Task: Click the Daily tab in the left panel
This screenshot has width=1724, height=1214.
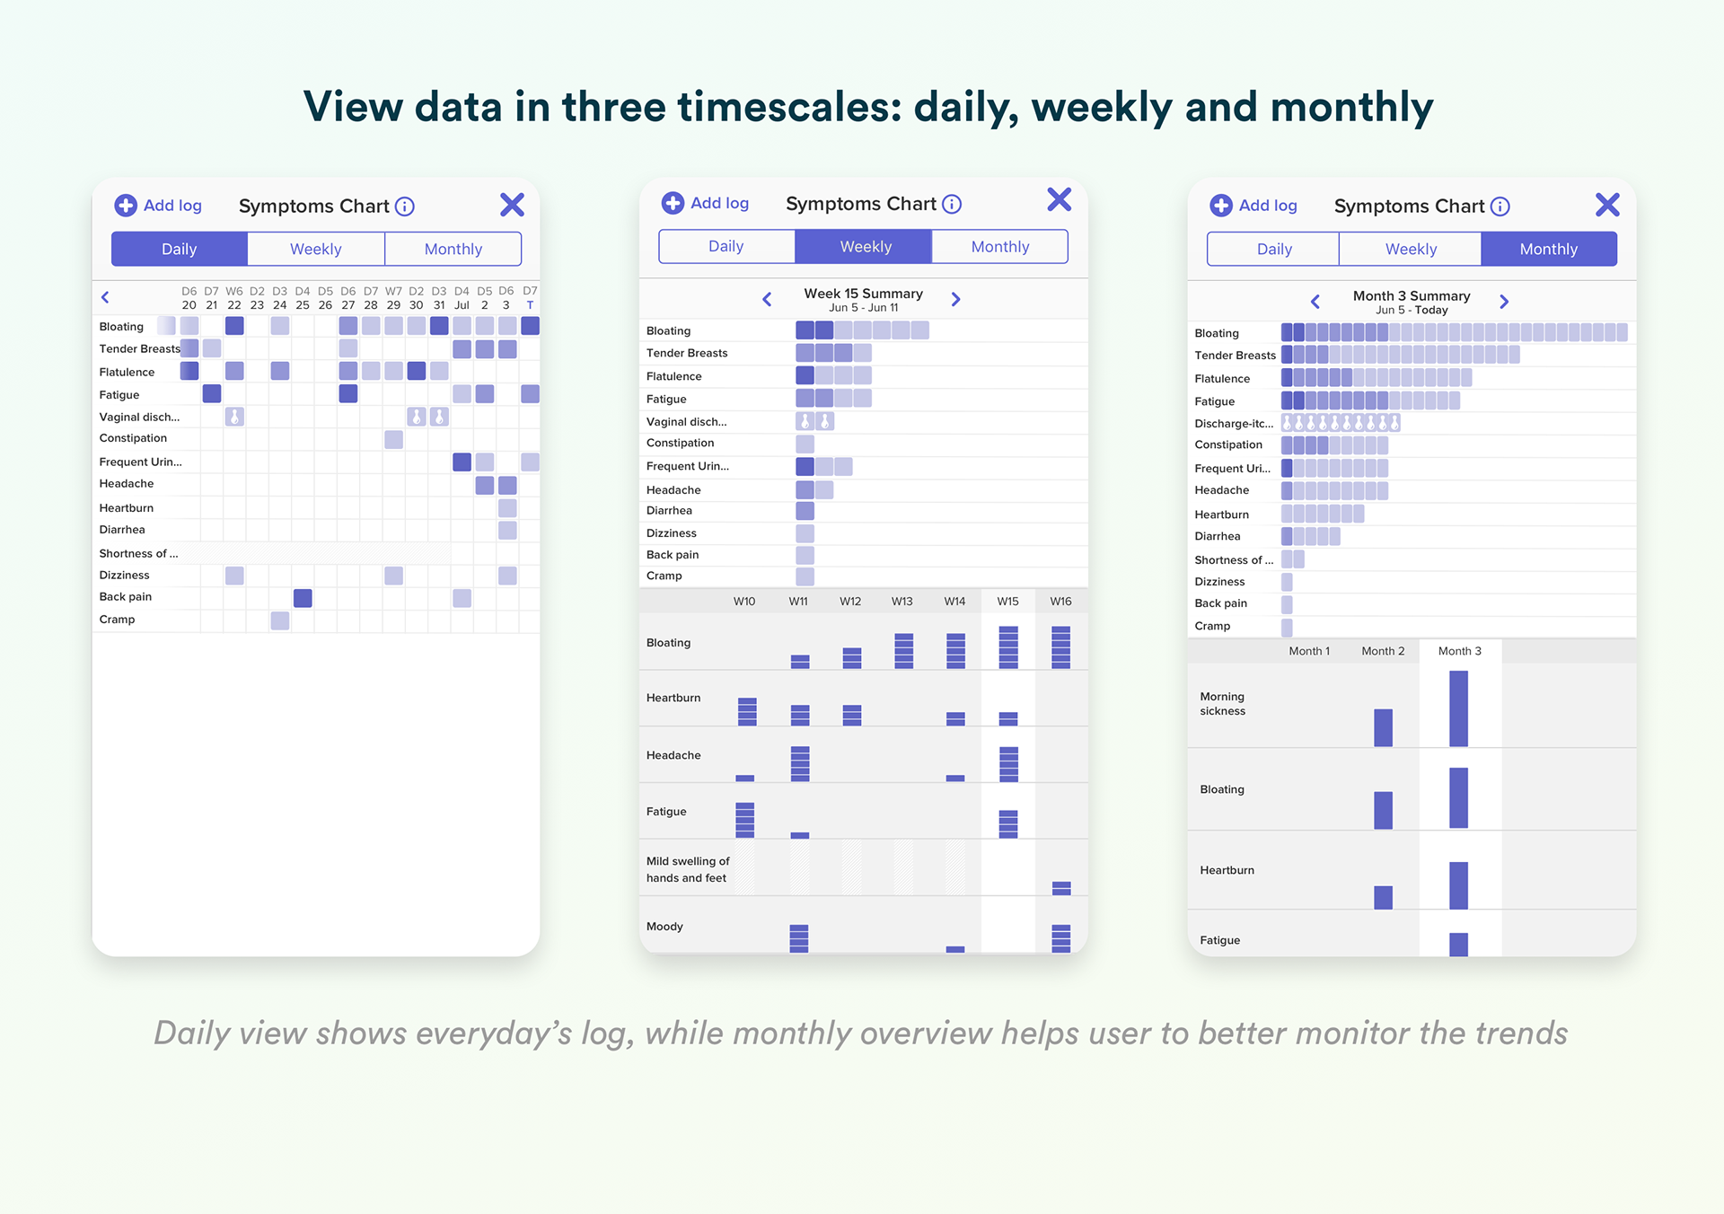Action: [179, 249]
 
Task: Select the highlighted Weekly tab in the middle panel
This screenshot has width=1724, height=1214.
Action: [865, 247]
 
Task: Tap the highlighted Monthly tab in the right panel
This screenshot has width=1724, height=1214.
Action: [1548, 249]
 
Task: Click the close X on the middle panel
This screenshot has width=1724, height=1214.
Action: [1060, 199]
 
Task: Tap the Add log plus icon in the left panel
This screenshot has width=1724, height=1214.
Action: [126, 206]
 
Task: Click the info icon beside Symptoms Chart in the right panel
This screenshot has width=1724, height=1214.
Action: [1500, 207]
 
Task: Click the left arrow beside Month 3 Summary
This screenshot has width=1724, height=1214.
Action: [1315, 302]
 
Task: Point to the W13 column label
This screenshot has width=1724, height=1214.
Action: [902, 602]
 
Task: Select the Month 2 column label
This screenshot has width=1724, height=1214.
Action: [1383, 651]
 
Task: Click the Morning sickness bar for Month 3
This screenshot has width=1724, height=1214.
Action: [1458, 708]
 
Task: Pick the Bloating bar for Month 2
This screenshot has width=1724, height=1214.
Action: [1383, 810]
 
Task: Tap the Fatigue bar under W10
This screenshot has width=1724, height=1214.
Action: [745, 819]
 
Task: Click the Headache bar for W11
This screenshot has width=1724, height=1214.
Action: [800, 763]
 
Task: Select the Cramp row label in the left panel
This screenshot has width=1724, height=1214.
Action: [118, 620]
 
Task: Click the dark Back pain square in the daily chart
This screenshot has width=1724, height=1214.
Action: [303, 598]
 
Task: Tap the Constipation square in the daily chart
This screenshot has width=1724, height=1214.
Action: [393, 439]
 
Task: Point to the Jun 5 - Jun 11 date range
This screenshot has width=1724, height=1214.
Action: [863, 308]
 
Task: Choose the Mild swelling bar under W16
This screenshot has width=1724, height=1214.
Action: [1061, 888]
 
